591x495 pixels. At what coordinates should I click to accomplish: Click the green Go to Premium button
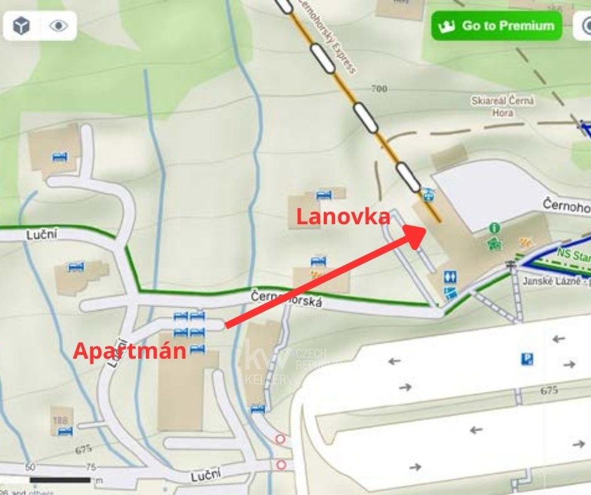[x=496, y=26]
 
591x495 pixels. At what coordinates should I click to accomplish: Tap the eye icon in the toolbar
[x=58, y=26]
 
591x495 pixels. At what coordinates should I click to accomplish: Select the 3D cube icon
[x=22, y=26]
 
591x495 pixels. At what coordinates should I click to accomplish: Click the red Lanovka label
[x=343, y=217]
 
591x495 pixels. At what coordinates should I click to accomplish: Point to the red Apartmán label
[x=130, y=351]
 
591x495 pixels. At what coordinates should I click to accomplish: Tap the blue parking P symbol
[x=527, y=359]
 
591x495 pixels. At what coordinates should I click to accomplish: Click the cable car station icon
[x=428, y=193]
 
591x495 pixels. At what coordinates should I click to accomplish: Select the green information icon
[x=495, y=227]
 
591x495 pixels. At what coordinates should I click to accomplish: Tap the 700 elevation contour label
[x=378, y=89]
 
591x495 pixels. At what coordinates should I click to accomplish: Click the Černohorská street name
[x=286, y=298]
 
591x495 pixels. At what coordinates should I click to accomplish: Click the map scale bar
[x=60, y=480]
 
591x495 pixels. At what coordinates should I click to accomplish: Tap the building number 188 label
[x=60, y=420]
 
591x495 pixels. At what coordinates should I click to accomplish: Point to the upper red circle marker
[x=280, y=439]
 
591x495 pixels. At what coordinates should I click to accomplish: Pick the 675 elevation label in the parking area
[x=549, y=390]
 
